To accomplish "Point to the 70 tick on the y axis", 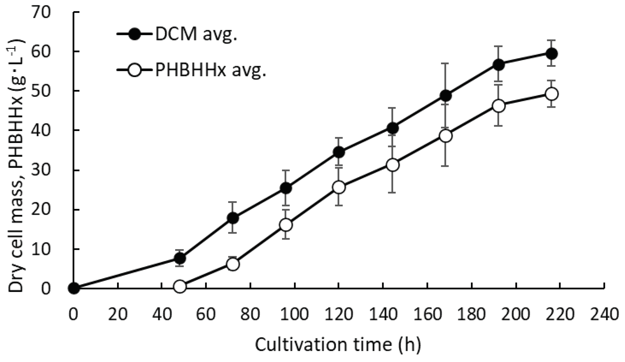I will (x=41, y=12).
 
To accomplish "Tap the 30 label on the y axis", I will (x=41, y=170).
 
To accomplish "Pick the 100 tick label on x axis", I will (x=295, y=314).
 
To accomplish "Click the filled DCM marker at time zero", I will (x=74, y=289).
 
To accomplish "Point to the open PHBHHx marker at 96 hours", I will (x=286, y=225).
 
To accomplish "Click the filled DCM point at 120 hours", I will (x=339, y=152).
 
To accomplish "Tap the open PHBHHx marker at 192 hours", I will (x=499, y=106).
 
